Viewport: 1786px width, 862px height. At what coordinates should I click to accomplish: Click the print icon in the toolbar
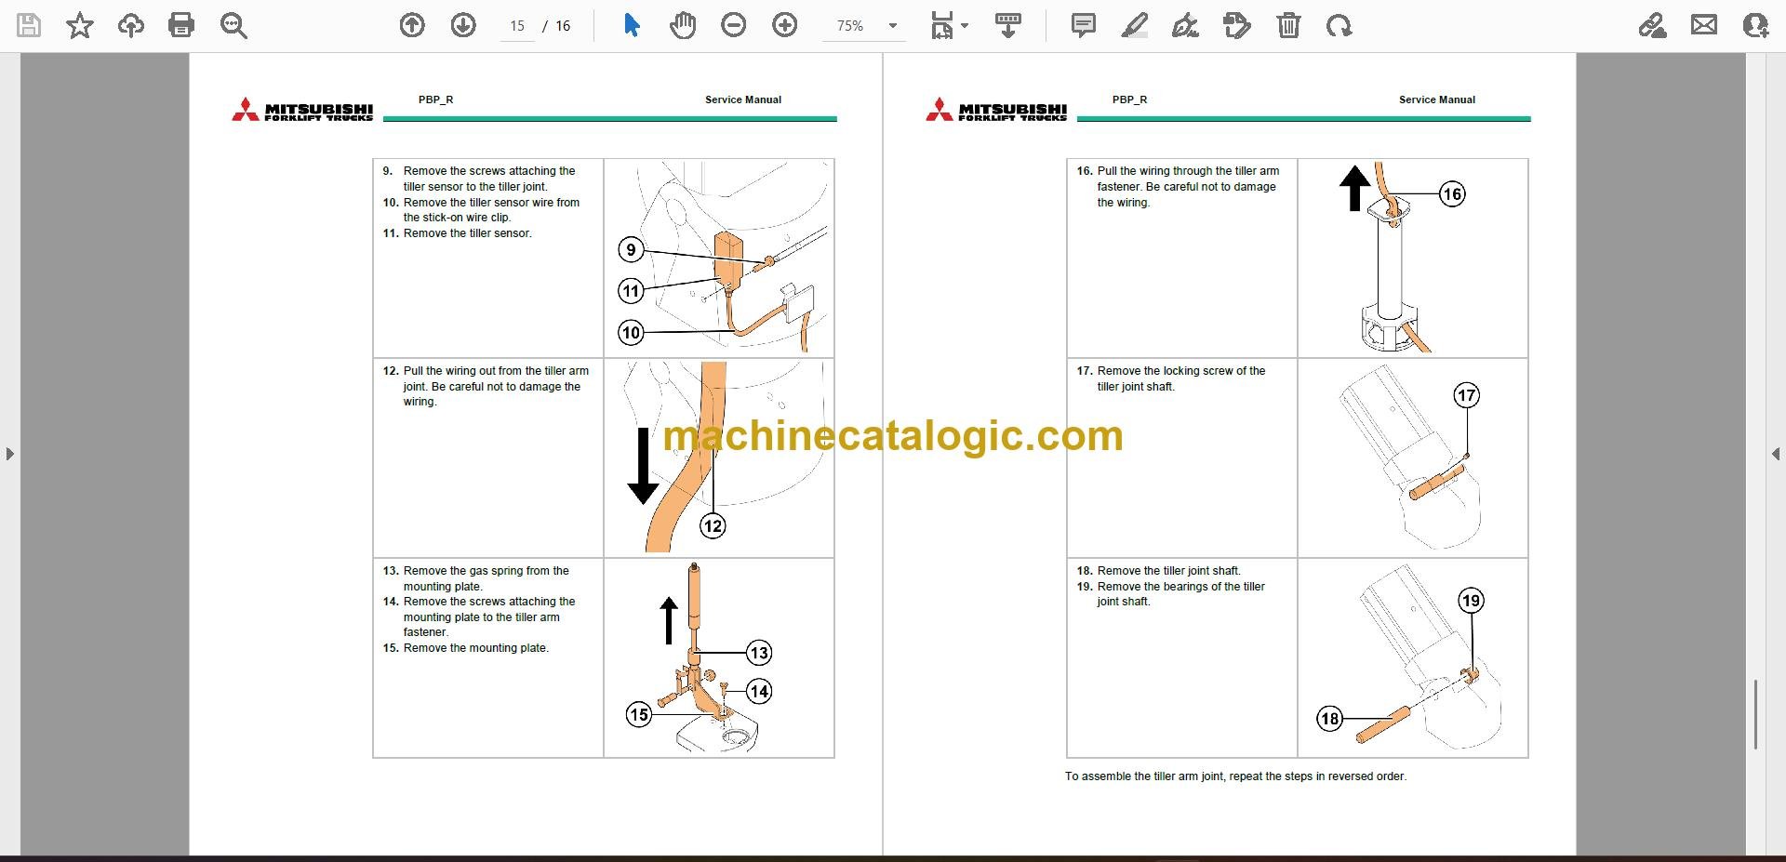(181, 25)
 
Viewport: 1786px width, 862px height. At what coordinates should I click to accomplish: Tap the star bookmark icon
(80, 25)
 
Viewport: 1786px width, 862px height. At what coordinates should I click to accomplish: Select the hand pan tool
(683, 25)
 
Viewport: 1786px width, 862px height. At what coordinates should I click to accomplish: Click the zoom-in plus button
(785, 25)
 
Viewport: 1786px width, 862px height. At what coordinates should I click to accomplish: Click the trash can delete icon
(1288, 25)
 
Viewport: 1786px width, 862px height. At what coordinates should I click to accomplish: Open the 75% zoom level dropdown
(893, 26)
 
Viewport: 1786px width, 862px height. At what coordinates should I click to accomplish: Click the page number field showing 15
(517, 26)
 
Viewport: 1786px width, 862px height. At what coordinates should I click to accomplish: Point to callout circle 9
(632, 249)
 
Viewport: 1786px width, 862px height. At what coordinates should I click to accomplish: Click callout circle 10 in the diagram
(632, 332)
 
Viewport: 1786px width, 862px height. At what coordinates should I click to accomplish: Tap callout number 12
(713, 526)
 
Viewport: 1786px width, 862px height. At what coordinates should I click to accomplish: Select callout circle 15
(638, 714)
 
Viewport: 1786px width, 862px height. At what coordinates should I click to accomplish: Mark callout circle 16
(1452, 193)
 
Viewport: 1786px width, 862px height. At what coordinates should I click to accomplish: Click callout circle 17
(1467, 395)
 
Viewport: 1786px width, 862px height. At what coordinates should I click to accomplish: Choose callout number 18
(1330, 718)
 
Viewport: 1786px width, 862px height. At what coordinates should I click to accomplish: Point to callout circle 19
(1471, 600)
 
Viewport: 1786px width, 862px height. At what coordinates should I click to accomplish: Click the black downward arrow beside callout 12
(643, 465)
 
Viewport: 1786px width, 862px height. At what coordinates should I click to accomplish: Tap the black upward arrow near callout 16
(1355, 188)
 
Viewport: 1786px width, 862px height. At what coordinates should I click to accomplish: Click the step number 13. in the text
(392, 571)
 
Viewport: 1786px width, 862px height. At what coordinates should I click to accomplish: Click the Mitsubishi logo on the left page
(302, 110)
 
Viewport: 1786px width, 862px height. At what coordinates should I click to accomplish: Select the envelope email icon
(1704, 25)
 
